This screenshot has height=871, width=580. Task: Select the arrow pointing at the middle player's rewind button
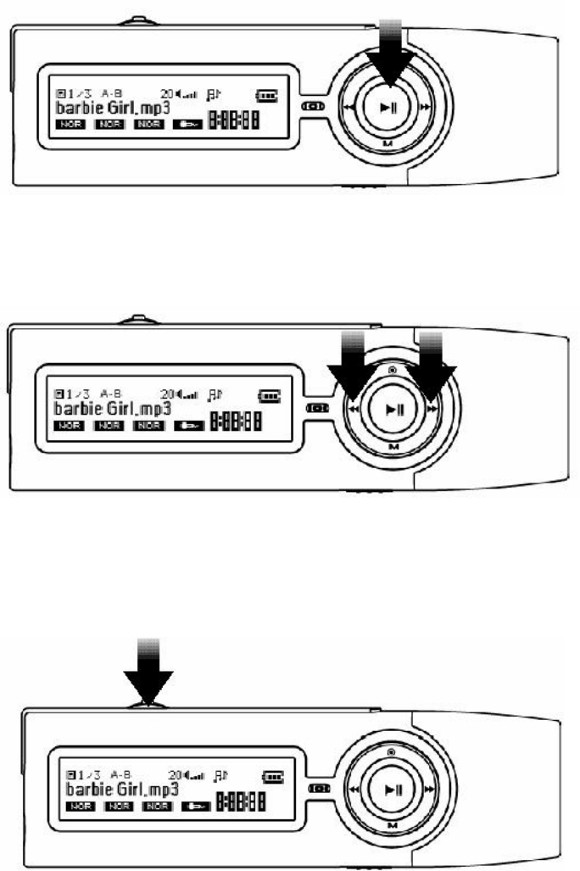(351, 367)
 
